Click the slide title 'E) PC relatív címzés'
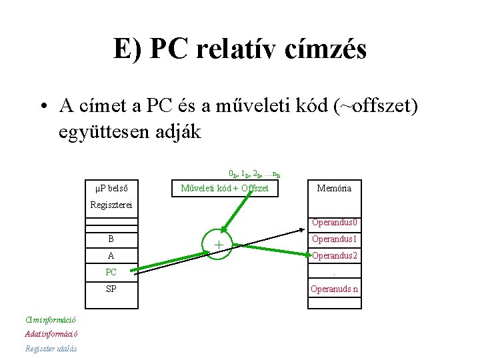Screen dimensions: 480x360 pyautogui.click(x=239, y=49)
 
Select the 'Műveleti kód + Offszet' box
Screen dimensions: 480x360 pyautogui.click(x=225, y=188)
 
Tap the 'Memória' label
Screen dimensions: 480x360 pyautogui.click(x=334, y=188)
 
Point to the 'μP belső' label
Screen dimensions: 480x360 pyautogui.click(x=112, y=188)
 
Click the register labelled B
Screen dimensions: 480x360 pyautogui.click(x=111, y=239)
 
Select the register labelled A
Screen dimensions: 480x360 pyautogui.click(x=111, y=255)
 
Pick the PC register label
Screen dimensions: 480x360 pyautogui.click(x=111, y=272)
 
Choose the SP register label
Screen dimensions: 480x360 pyautogui.click(x=111, y=289)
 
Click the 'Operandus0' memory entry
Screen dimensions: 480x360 pyautogui.click(x=335, y=223)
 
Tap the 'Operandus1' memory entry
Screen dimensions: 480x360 pyautogui.click(x=335, y=239)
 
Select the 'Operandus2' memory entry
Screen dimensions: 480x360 pyautogui.click(x=335, y=255)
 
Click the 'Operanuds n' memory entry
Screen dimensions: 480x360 pyautogui.click(x=335, y=289)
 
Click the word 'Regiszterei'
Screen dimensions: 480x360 pyautogui.click(x=112, y=205)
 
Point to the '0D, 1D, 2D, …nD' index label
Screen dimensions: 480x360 pyautogui.click(x=245, y=173)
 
